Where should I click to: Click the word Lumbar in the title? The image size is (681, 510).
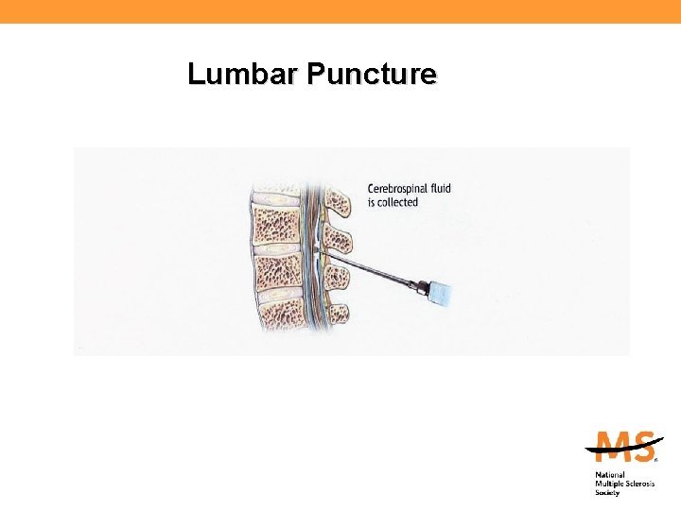(228, 74)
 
